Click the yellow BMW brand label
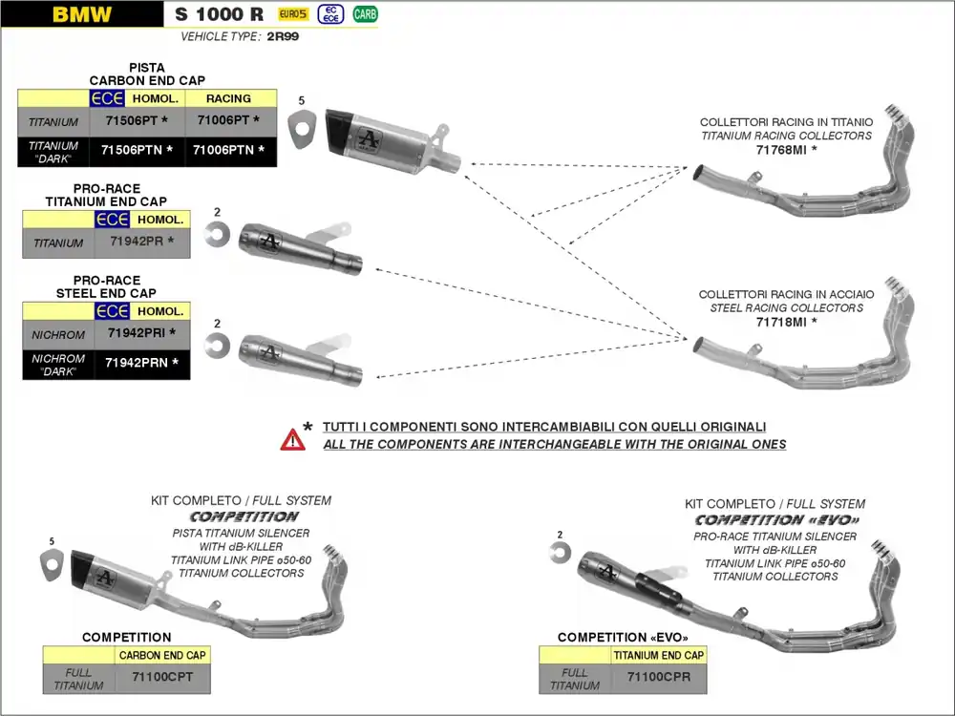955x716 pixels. (x=82, y=14)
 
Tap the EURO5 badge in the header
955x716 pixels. (x=292, y=14)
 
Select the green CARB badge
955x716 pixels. (x=365, y=14)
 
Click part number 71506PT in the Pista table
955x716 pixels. (x=135, y=121)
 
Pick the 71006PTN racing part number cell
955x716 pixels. (x=230, y=151)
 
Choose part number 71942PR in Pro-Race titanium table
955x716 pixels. (x=142, y=242)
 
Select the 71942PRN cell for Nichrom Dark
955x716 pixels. (x=142, y=364)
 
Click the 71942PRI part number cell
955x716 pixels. (x=142, y=334)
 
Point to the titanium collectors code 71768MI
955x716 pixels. (x=786, y=150)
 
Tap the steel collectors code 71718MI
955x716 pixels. (x=786, y=323)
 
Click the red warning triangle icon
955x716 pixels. (x=292, y=439)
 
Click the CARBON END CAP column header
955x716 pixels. (x=161, y=656)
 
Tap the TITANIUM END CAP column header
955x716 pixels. (x=658, y=656)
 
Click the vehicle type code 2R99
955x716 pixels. (x=283, y=36)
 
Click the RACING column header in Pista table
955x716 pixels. (x=229, y=98)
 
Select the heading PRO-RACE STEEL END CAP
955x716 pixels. (x=106, y=287)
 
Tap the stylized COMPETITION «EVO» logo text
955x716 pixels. (x=776, y=520)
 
